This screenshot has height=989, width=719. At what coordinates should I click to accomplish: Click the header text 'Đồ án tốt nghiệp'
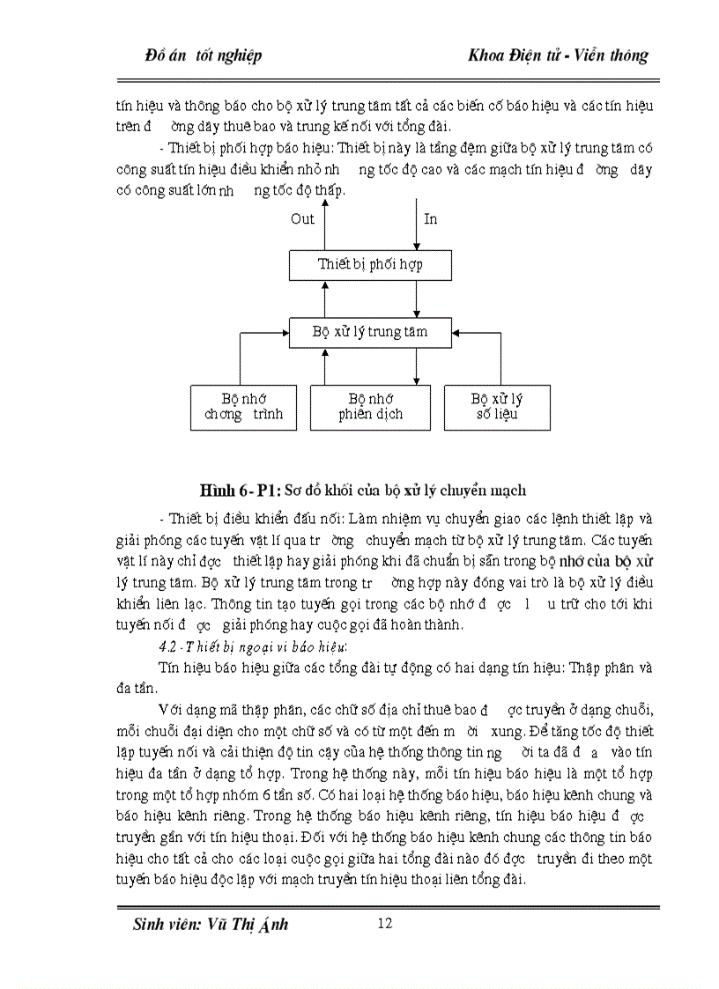click(x=203, y=55)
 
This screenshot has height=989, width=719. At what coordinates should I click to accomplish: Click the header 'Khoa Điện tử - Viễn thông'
click(x=559, y=55)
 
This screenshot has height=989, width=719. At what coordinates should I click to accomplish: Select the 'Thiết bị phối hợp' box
click(x=371, y=264)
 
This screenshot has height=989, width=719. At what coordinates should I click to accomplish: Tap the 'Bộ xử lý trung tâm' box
click(x=371, y=333)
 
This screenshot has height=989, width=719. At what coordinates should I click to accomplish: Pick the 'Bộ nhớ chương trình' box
click(x=244, y=407)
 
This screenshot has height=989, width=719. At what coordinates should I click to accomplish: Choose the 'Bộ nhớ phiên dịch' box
click(x=371, y=407)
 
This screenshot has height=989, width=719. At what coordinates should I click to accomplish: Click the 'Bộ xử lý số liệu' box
click(x=497, y=407)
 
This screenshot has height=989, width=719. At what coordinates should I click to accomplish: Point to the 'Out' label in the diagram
click(x=302, y=219)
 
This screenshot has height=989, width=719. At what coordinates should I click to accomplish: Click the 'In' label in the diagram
click(x=431, y=219)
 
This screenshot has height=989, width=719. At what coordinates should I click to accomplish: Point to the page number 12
click(x=383, y=923)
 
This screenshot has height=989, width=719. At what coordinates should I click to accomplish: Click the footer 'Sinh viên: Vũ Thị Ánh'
click(x=210, y=925)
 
